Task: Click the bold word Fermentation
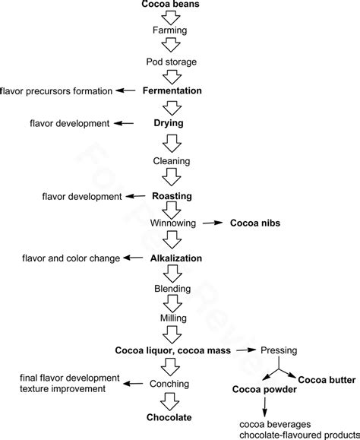coord(172,90)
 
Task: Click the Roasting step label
coord(172,196)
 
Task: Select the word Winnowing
coord(173,223)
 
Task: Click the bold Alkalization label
coord(176,258)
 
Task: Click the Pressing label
coord(279,350)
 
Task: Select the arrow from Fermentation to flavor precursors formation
coord(126,91)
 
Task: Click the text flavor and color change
coord(71,258)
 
